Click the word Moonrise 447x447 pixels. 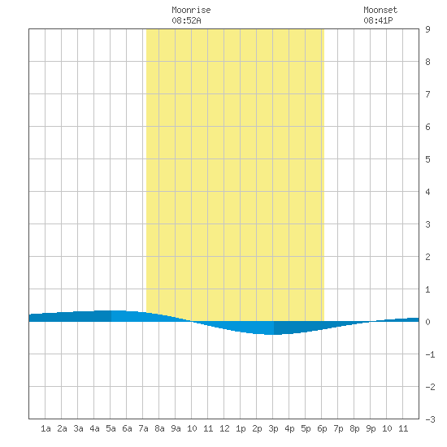tap(191, 11)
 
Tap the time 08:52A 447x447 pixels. tap(186, 20)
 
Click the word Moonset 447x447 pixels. tap(380, 11)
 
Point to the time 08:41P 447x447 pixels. tap(378, 20)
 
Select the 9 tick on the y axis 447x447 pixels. tap(427, 29)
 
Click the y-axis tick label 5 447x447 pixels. tap(427, 159)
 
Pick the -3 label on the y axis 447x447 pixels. tap(430, 419)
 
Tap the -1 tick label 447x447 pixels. tap(430, 354)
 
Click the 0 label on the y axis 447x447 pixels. tap(427, 322)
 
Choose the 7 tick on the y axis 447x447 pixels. tap(427, 94)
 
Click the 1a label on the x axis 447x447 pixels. tap(46, 428)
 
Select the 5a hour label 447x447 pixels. tap(111, 428)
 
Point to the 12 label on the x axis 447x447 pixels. tap(224, 428)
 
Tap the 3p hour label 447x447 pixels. tap(273, 428)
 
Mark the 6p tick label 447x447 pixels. tap(322, 428)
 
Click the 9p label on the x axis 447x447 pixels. tap(371, 428)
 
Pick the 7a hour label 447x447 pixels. tap(143, 428)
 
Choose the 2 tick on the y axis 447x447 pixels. tap(427, 257)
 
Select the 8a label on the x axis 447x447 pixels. tap(159, 428)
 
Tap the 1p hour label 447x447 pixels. tap(241, 428)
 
